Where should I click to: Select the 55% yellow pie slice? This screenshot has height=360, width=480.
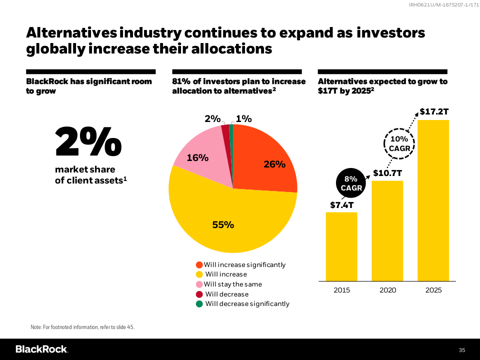[225, 220]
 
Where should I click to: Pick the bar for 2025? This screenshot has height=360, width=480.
[433, 200]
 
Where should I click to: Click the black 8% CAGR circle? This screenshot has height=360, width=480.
[350, 183]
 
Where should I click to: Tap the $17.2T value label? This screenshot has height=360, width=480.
[433, 111]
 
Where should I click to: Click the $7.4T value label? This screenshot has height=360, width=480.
[341, 204]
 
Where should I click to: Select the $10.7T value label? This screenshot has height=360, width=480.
[387, 173]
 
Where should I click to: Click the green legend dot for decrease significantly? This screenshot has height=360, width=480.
[199, 303]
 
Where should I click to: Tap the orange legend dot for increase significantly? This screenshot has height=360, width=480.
[199, 265]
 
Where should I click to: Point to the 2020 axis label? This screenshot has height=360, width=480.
[387, 290]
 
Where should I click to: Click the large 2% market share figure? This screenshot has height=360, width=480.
[88, 141]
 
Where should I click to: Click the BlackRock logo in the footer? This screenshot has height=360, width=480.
[42, 349]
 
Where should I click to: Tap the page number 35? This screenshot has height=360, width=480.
[461, 349]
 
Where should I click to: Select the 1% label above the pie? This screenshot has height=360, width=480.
[243, 118]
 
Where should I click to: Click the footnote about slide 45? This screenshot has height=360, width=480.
[82, 327]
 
